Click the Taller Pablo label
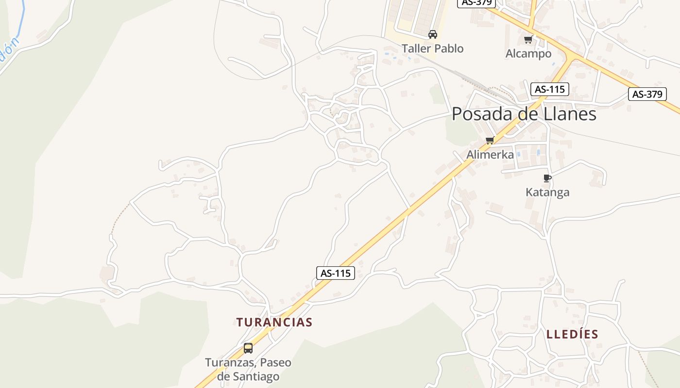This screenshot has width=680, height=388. [432, 48]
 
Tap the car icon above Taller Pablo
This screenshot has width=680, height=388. [432, 34]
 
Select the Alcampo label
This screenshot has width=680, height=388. [528, 53]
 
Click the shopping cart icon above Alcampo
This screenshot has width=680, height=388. [528, 39]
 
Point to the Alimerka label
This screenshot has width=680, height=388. [490, 155]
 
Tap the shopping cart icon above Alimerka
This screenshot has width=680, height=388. [490, 141]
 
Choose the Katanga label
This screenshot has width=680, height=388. [547, 192]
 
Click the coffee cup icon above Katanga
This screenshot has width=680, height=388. [547, 178]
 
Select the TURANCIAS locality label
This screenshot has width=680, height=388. [274, 322]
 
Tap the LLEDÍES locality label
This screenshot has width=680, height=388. [572, 334]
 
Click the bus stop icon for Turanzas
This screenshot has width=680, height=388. [248, 348]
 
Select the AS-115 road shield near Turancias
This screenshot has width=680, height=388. [336, 273]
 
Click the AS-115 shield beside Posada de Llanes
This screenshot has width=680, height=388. [549, 89]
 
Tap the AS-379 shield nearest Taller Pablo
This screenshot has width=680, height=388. [476, 2]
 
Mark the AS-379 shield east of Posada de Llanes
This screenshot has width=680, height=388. [647, 94]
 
